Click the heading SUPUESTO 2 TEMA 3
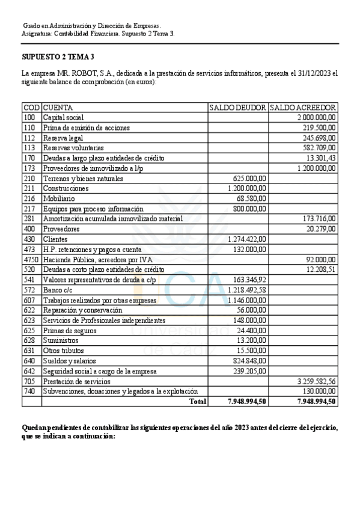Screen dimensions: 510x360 58,57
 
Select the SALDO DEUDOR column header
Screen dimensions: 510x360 237,107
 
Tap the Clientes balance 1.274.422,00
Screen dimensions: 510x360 248,239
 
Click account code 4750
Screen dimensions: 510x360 31,259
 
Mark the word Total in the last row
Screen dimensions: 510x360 197,401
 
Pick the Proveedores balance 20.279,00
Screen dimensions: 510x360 323,229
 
